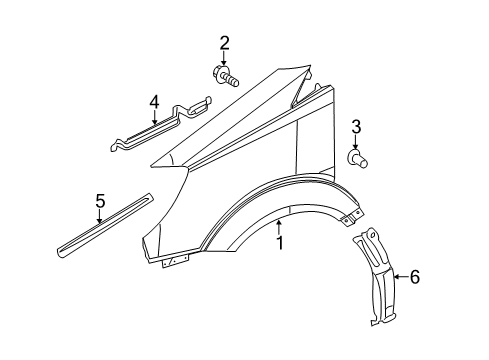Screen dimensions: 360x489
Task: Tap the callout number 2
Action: (224, 42)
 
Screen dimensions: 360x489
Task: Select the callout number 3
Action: (355, 127)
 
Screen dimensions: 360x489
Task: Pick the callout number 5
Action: (100, 202)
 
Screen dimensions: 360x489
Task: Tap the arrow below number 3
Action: (355, 142)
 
